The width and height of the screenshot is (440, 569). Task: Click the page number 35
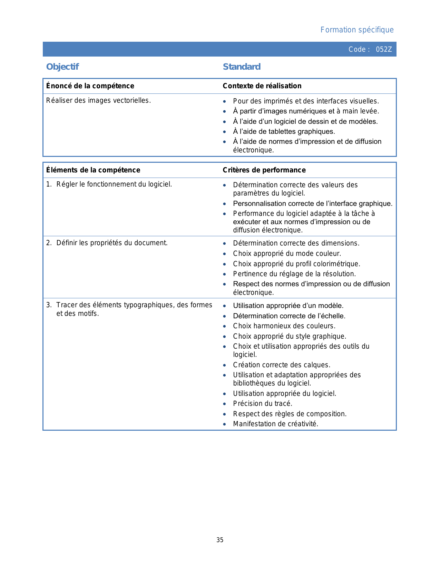[x=220, y=540]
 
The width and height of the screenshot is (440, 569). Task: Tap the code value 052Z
[x=384, y=49]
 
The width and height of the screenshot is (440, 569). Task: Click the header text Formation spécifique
[x=357, y=30]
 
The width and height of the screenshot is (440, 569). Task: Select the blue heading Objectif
[x=62, y=67]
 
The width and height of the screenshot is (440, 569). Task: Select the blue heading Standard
[x=242, y=67]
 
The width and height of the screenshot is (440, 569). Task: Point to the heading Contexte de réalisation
[x=262, y=86]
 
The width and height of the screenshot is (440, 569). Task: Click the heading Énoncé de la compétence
[x=90, y=86]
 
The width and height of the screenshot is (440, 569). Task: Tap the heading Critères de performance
[x=264, y=170]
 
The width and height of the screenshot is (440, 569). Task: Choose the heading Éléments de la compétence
[x=93, y=170]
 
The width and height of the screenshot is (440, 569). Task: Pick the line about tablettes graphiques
[x=284, y=131]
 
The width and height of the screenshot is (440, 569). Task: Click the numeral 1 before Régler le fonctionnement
[x=48, y=184]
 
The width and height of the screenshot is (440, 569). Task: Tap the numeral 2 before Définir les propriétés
[x=49, y=243]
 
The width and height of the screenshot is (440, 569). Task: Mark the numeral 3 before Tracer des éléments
[x=49, y=305]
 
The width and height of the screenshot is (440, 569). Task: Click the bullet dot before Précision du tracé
[x=225, y=404]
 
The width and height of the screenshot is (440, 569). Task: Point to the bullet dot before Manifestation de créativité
[x=225, y=424]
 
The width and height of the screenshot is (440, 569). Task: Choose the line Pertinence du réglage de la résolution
[x=294, y=274]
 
